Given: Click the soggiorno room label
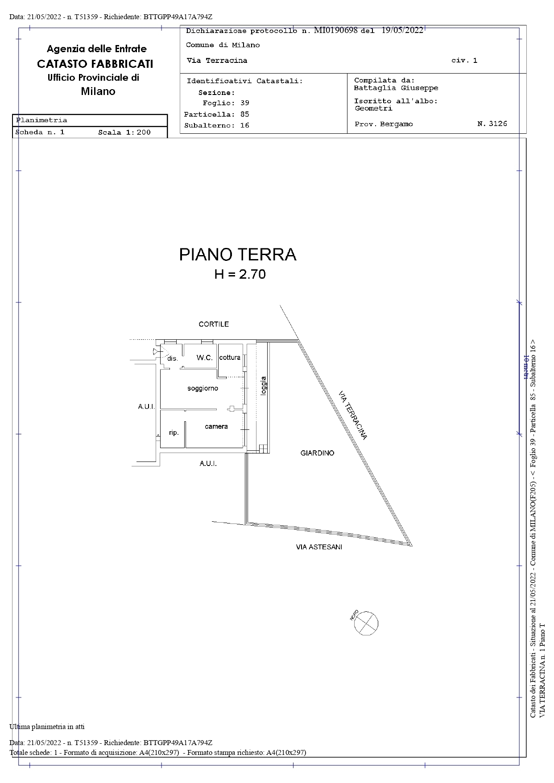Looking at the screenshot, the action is (203, 388).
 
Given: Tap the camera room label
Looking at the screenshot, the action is (216, 426).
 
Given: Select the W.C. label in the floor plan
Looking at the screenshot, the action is (205, 358).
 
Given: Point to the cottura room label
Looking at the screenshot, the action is (230, 357).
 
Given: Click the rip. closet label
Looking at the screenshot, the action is (174, 433).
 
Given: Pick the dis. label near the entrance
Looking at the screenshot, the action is (173, 359).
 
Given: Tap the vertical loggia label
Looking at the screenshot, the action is (264, 386).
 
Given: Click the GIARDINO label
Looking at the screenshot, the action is (317, 453).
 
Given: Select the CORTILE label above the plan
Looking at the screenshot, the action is (214, 324).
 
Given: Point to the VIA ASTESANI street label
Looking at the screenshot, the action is (319, 547).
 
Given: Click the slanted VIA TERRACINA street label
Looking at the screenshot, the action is (353, 416).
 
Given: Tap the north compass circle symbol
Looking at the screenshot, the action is (366, 623).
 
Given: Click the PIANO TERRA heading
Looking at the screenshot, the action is (238, 255).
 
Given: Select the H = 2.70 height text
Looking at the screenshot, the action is (240, 274).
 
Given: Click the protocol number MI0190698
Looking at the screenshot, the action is (336, 30).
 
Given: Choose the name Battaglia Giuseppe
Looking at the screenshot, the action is (396, 88).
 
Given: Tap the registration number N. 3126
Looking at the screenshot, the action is (492, 124).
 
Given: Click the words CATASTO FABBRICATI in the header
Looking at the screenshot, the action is (95, 64).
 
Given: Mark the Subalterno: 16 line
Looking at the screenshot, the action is (217, 125).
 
